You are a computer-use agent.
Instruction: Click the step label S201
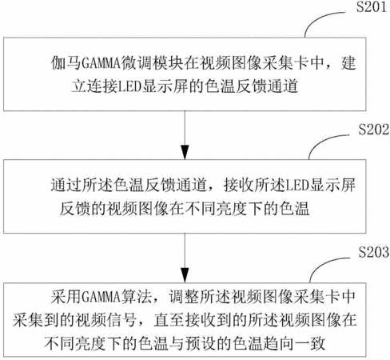click(x=372, y=6)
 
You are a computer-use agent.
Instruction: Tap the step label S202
click(x=373, y=130)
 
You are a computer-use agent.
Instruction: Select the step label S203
click(x=373, y=252)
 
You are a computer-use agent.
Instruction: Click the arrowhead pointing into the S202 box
click(x=185, y=152)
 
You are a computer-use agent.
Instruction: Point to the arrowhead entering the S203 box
click(x=185, y=275)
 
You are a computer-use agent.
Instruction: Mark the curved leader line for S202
click(x=321, y=142)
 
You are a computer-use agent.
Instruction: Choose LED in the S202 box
click(x=297, y=185)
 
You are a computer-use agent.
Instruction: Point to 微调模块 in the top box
click(x=151, y=63)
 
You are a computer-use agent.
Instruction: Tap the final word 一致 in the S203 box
click(x=309, y=343)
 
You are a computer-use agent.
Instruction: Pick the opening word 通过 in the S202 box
click(x=66, y=185)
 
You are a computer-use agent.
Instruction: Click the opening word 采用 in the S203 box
click(x=66, y=297)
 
